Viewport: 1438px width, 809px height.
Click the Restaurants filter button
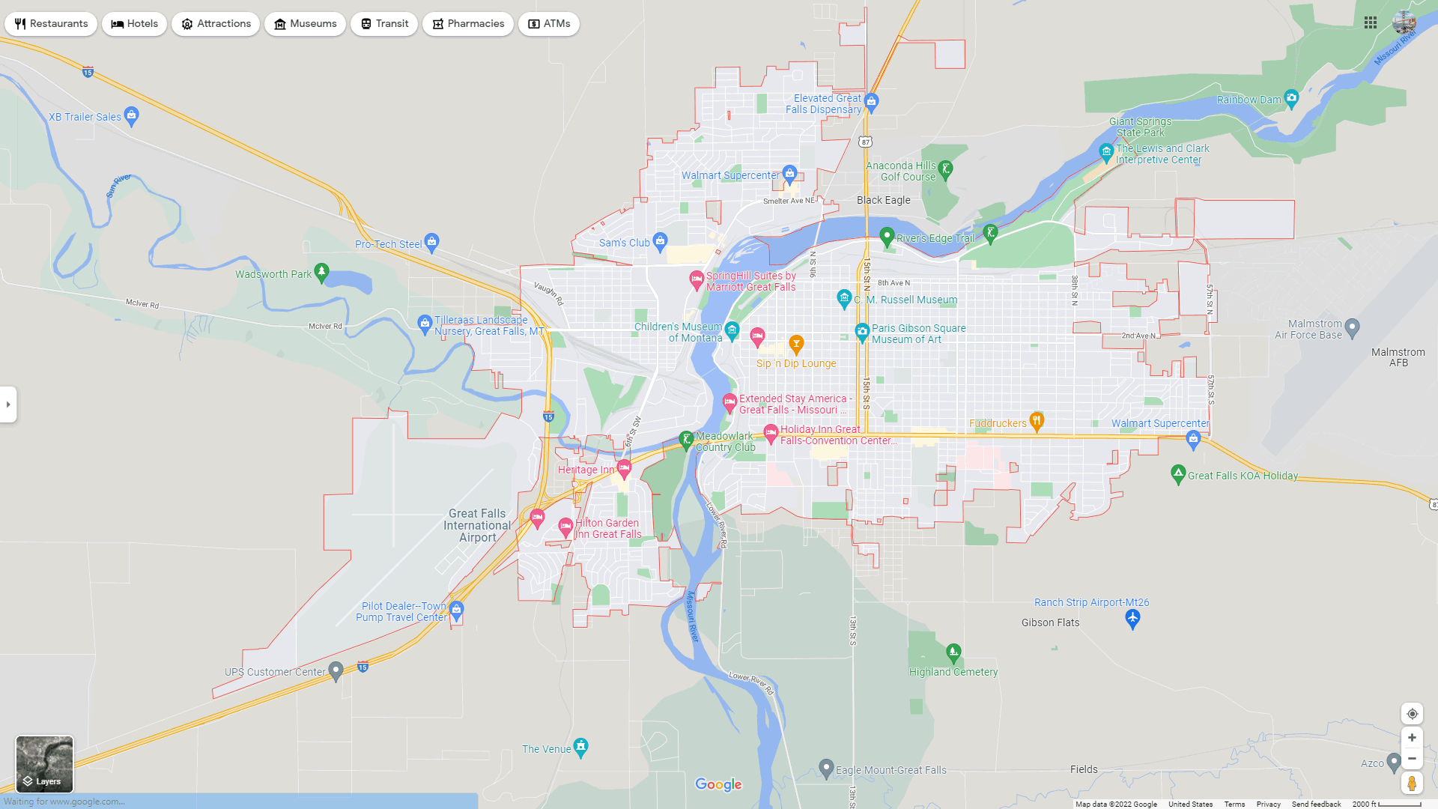51,24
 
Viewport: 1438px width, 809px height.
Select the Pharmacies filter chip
467,24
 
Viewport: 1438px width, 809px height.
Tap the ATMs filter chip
548,24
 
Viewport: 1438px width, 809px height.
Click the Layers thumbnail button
45,764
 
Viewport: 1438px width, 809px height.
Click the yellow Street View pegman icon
1412,784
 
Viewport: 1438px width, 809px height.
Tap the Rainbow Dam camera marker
1291,97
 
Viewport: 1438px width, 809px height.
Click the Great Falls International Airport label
477,525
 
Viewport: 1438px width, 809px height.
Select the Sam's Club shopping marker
660,240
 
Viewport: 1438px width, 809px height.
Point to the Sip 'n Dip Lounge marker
796,344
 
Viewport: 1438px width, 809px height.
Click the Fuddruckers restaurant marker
1037,420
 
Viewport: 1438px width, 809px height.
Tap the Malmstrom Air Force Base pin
1352,327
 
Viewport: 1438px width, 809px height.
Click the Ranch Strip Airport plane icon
1132,618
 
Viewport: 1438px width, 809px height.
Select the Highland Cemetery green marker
953,652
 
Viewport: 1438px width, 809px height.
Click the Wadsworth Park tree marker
321,271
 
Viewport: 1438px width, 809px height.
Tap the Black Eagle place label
883,200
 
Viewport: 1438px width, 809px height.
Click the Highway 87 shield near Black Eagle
866,142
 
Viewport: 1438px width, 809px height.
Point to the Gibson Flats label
1050,622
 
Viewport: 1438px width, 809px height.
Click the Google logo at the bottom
718,784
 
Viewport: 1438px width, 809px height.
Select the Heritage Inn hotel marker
624,468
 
